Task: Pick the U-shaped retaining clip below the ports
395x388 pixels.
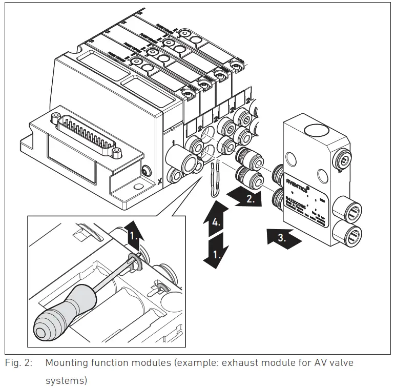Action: (x=216, y=180)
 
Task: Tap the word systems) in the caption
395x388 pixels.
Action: (x=66, y=380)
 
